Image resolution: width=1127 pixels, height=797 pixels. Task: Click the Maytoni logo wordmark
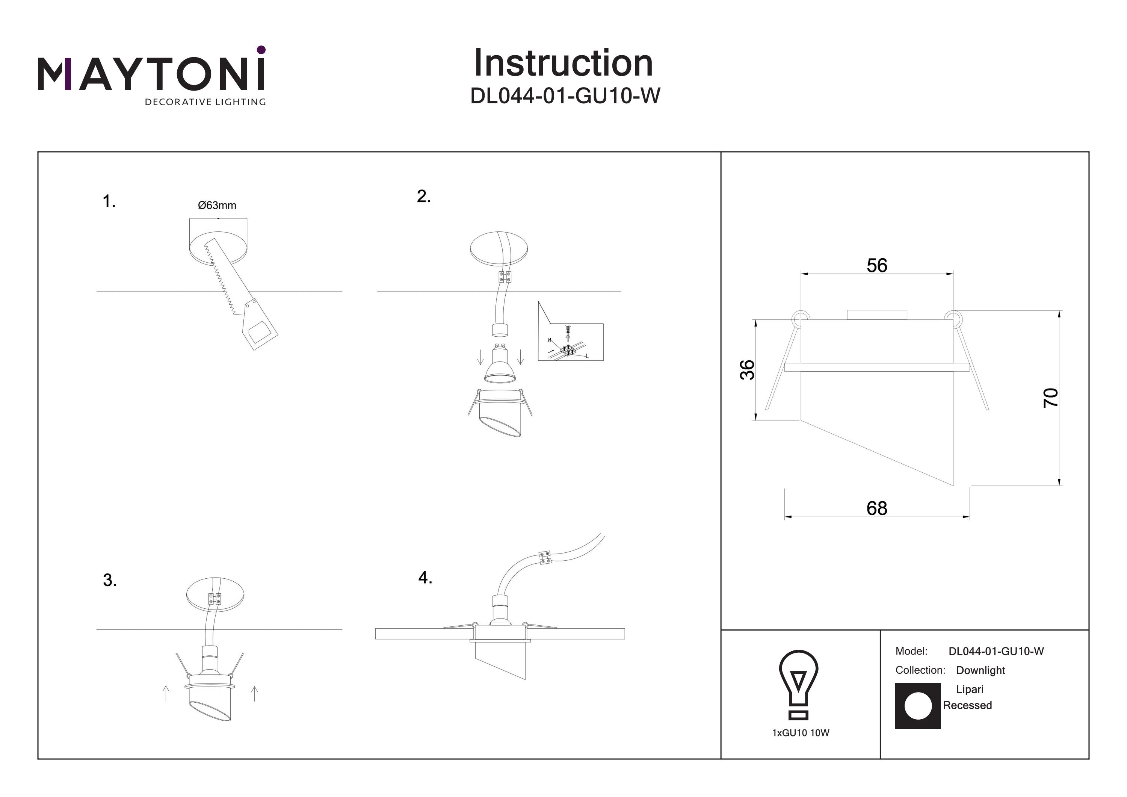151,74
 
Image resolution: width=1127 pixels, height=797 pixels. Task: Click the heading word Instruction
563,64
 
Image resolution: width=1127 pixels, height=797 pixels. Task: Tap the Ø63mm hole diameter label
217,205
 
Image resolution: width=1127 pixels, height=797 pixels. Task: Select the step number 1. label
109,201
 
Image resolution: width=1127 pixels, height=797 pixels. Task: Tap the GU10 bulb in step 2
500,366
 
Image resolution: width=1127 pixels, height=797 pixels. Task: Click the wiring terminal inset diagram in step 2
570,339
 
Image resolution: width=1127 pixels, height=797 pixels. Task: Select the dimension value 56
877,266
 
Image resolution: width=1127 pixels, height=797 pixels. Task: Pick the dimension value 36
748,369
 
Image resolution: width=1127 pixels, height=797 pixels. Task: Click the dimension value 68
877,508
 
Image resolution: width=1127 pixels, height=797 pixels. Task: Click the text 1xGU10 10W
801,733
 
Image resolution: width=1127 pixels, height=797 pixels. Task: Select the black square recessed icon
917,706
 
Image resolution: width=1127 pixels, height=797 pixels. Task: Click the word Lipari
970,689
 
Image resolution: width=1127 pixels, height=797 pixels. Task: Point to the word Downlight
980,670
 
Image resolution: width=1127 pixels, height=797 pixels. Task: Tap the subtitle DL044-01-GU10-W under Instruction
565,96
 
